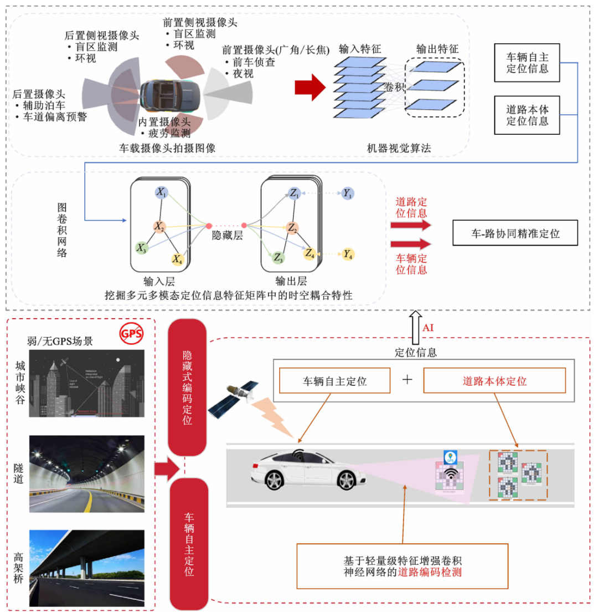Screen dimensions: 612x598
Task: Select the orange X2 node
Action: [159, 226]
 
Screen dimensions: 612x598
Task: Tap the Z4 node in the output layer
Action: [310, 253]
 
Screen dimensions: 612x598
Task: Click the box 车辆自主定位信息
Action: [527, 63]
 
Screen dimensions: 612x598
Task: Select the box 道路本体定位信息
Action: [527, 114]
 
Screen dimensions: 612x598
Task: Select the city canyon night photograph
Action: [87, 382]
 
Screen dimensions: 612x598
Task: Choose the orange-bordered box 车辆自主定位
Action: [335, 381]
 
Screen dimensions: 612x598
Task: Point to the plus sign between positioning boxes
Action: [408, 380]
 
